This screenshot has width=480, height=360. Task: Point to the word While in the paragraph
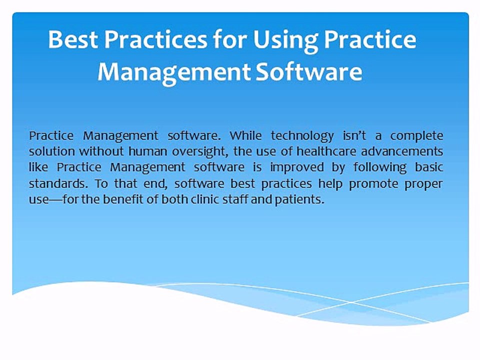(247, 135)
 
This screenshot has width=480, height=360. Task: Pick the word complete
(416, 135)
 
